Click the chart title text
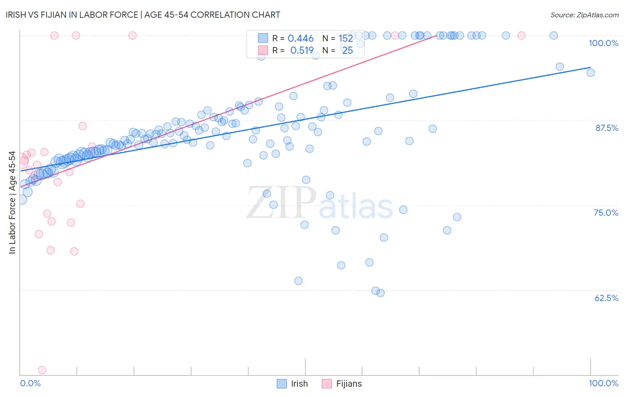coord(143,15)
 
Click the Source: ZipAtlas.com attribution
coord(584,15)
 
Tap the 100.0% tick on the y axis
coord(603,43)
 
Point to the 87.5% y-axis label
coord(606,128)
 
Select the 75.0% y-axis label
coord(606,213)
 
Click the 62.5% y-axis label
coord(606,298)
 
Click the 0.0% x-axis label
coord(30,383)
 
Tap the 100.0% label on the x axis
coord(603,383)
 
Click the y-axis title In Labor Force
coord(12,202)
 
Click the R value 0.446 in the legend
coord(300,39)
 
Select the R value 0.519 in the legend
coord(302,51)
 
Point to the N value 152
coord(346,39)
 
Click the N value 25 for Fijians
coord(348,51)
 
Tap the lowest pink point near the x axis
coord(42,370)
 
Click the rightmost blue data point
coord(591,73)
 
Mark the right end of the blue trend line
coord(590,67)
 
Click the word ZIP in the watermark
coord(281,203)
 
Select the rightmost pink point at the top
coord(521,36)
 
